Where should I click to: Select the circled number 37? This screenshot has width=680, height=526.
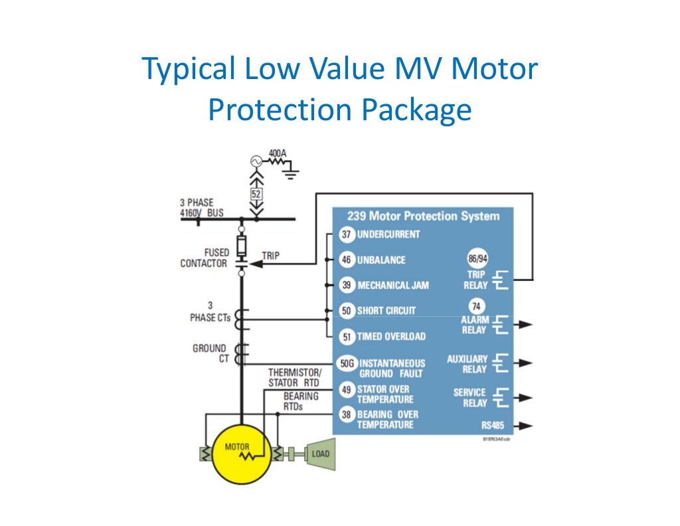346,234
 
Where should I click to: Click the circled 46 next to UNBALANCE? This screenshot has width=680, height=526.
346,260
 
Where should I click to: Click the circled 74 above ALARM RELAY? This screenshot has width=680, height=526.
476,307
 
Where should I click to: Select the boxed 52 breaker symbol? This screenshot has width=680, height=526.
256,195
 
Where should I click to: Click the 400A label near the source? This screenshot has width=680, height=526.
278,153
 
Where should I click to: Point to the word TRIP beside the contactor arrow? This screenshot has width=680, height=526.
271,255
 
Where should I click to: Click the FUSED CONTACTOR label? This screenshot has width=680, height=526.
204,258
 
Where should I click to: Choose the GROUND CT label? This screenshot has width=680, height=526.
209,353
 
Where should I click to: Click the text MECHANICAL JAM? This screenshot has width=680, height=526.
393,286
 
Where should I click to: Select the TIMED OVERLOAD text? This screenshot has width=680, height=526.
391,337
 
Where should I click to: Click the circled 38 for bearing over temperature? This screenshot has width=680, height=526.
346,414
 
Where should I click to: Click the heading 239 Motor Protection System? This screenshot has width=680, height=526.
423,216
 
